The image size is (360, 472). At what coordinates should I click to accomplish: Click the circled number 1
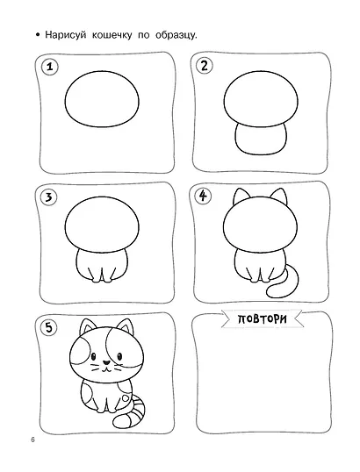tap(50, 67)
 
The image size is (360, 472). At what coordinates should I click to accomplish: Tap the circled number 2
tap(205, 66)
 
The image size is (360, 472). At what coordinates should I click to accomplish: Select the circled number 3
tap(48, 197)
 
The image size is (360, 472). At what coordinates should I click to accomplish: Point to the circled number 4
tap(204, 196)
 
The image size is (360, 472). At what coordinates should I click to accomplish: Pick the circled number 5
tap(49, 327)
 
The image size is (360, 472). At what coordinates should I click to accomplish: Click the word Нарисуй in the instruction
tap(65, 35)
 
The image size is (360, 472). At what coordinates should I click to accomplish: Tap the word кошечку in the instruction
tap(112, 35)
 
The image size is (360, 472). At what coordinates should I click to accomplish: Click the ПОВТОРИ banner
tap(262, 318)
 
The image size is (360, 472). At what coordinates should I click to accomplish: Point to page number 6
tap(32, 440)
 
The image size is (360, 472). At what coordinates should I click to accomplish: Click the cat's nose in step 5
tap(105, 362)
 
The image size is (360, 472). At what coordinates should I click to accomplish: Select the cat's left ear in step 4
tap(241, 196)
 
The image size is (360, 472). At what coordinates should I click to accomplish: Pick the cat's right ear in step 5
tap(126, 326)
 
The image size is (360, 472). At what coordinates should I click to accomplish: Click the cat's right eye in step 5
tap(119, 356)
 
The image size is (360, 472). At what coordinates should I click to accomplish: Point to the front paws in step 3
tap(102, 278)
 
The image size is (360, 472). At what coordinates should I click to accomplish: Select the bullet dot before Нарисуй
tap(38, 35)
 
